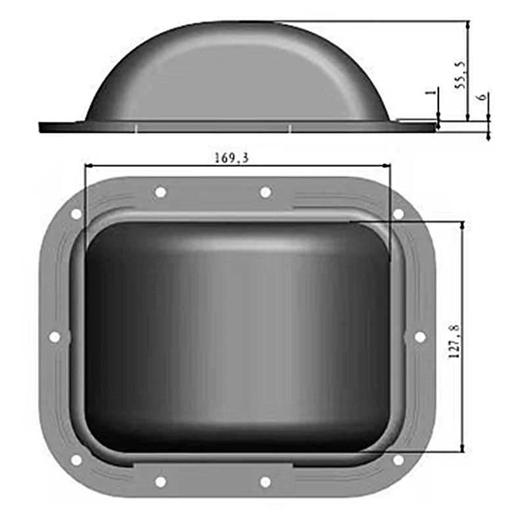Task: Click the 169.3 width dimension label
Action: (231, 157)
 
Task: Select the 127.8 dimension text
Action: (454, 341)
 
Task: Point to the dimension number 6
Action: (482, 97)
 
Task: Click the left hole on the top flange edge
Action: (160, 192)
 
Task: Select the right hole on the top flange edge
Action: (266, 193)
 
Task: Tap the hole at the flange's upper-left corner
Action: (76, 214)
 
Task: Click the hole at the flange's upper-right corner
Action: (398, 214)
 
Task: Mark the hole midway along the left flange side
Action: (55, 337)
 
